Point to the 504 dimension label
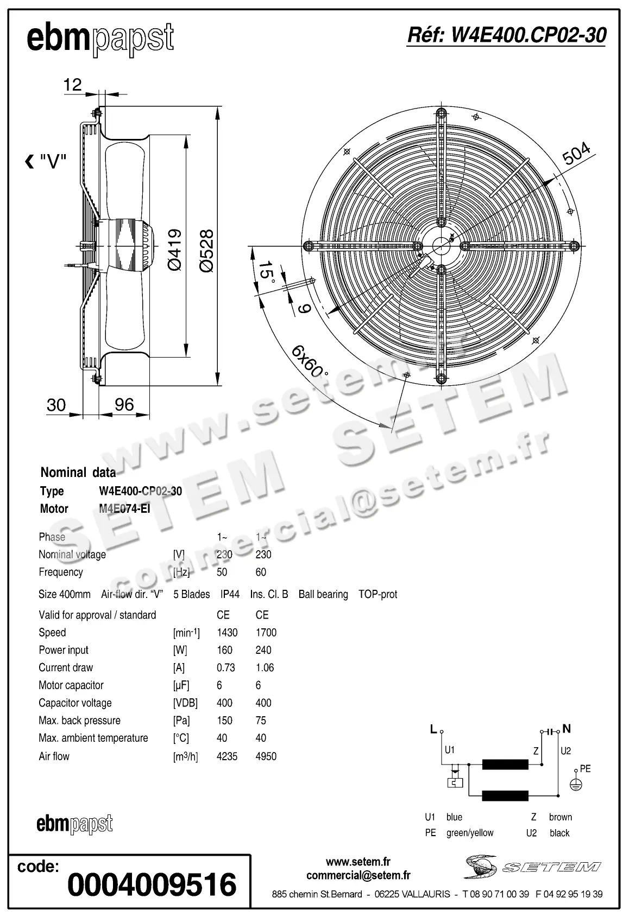(576, 154)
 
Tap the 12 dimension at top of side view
(72, 85)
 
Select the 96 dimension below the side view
(124, 405)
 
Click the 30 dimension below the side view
(56, 405)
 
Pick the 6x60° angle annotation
(310, 361)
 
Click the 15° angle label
(266, 271)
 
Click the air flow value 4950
(266, 756)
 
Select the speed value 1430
(227, 633)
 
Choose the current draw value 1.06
(265, 668)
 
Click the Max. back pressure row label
(79, 721)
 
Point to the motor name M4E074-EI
(124, 509)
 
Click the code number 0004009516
(152, 884)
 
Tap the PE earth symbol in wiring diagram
(576, 784)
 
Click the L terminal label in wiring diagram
(433, 729)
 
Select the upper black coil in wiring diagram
(505, 765)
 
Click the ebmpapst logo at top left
(100, 39)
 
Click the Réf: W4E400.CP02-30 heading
(506, 35)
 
